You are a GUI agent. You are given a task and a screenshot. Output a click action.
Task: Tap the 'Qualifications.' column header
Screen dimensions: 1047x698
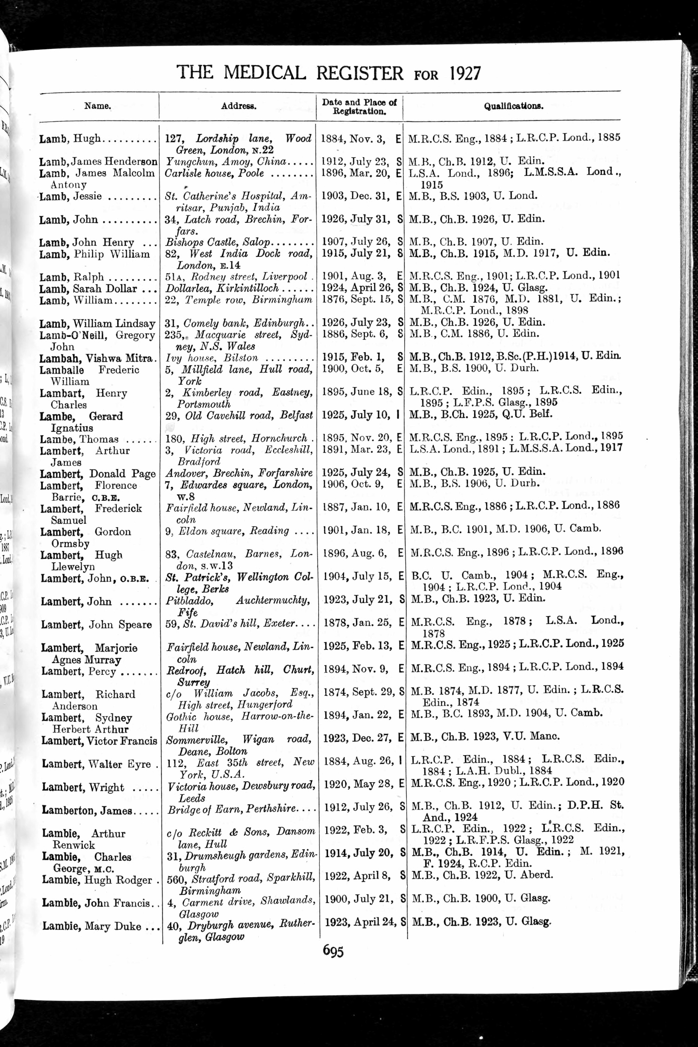pyautogui.click(x=513, y=106)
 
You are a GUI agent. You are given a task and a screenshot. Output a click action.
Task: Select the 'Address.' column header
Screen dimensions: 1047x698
pyautogui.click(x=238, y=106)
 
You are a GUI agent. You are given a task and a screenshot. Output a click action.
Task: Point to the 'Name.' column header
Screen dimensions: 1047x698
pyautogui.click(x=98, y=106)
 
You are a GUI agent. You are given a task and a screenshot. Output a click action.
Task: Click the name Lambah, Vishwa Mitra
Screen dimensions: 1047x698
pyautogui.click(x=96, y=358)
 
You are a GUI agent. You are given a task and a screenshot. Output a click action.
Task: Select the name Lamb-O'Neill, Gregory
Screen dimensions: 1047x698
pyautogui.click(x=97, y=335)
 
